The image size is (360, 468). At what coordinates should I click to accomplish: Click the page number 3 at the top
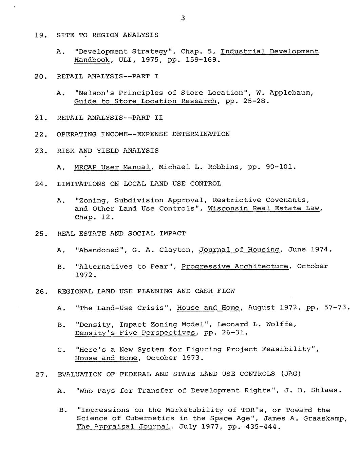pos(183,19)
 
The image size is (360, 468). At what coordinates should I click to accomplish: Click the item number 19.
pos(40,35)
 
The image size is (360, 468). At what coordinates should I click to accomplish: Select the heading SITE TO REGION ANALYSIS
pos(108,35)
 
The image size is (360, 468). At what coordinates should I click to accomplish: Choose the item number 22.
pos(40,134)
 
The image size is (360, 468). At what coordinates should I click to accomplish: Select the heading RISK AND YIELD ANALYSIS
pos(108,151)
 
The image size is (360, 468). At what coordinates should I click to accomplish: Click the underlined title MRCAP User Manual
pos(112,167)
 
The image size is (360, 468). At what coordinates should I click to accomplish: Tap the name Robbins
pos(221,167)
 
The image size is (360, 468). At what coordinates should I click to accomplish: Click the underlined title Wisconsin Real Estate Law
pos(264,209)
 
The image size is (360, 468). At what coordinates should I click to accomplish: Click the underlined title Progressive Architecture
pos(235,267)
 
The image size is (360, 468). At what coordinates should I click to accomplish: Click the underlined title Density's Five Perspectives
pos(135,333)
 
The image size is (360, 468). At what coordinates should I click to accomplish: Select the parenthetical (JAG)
pos(291,374)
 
